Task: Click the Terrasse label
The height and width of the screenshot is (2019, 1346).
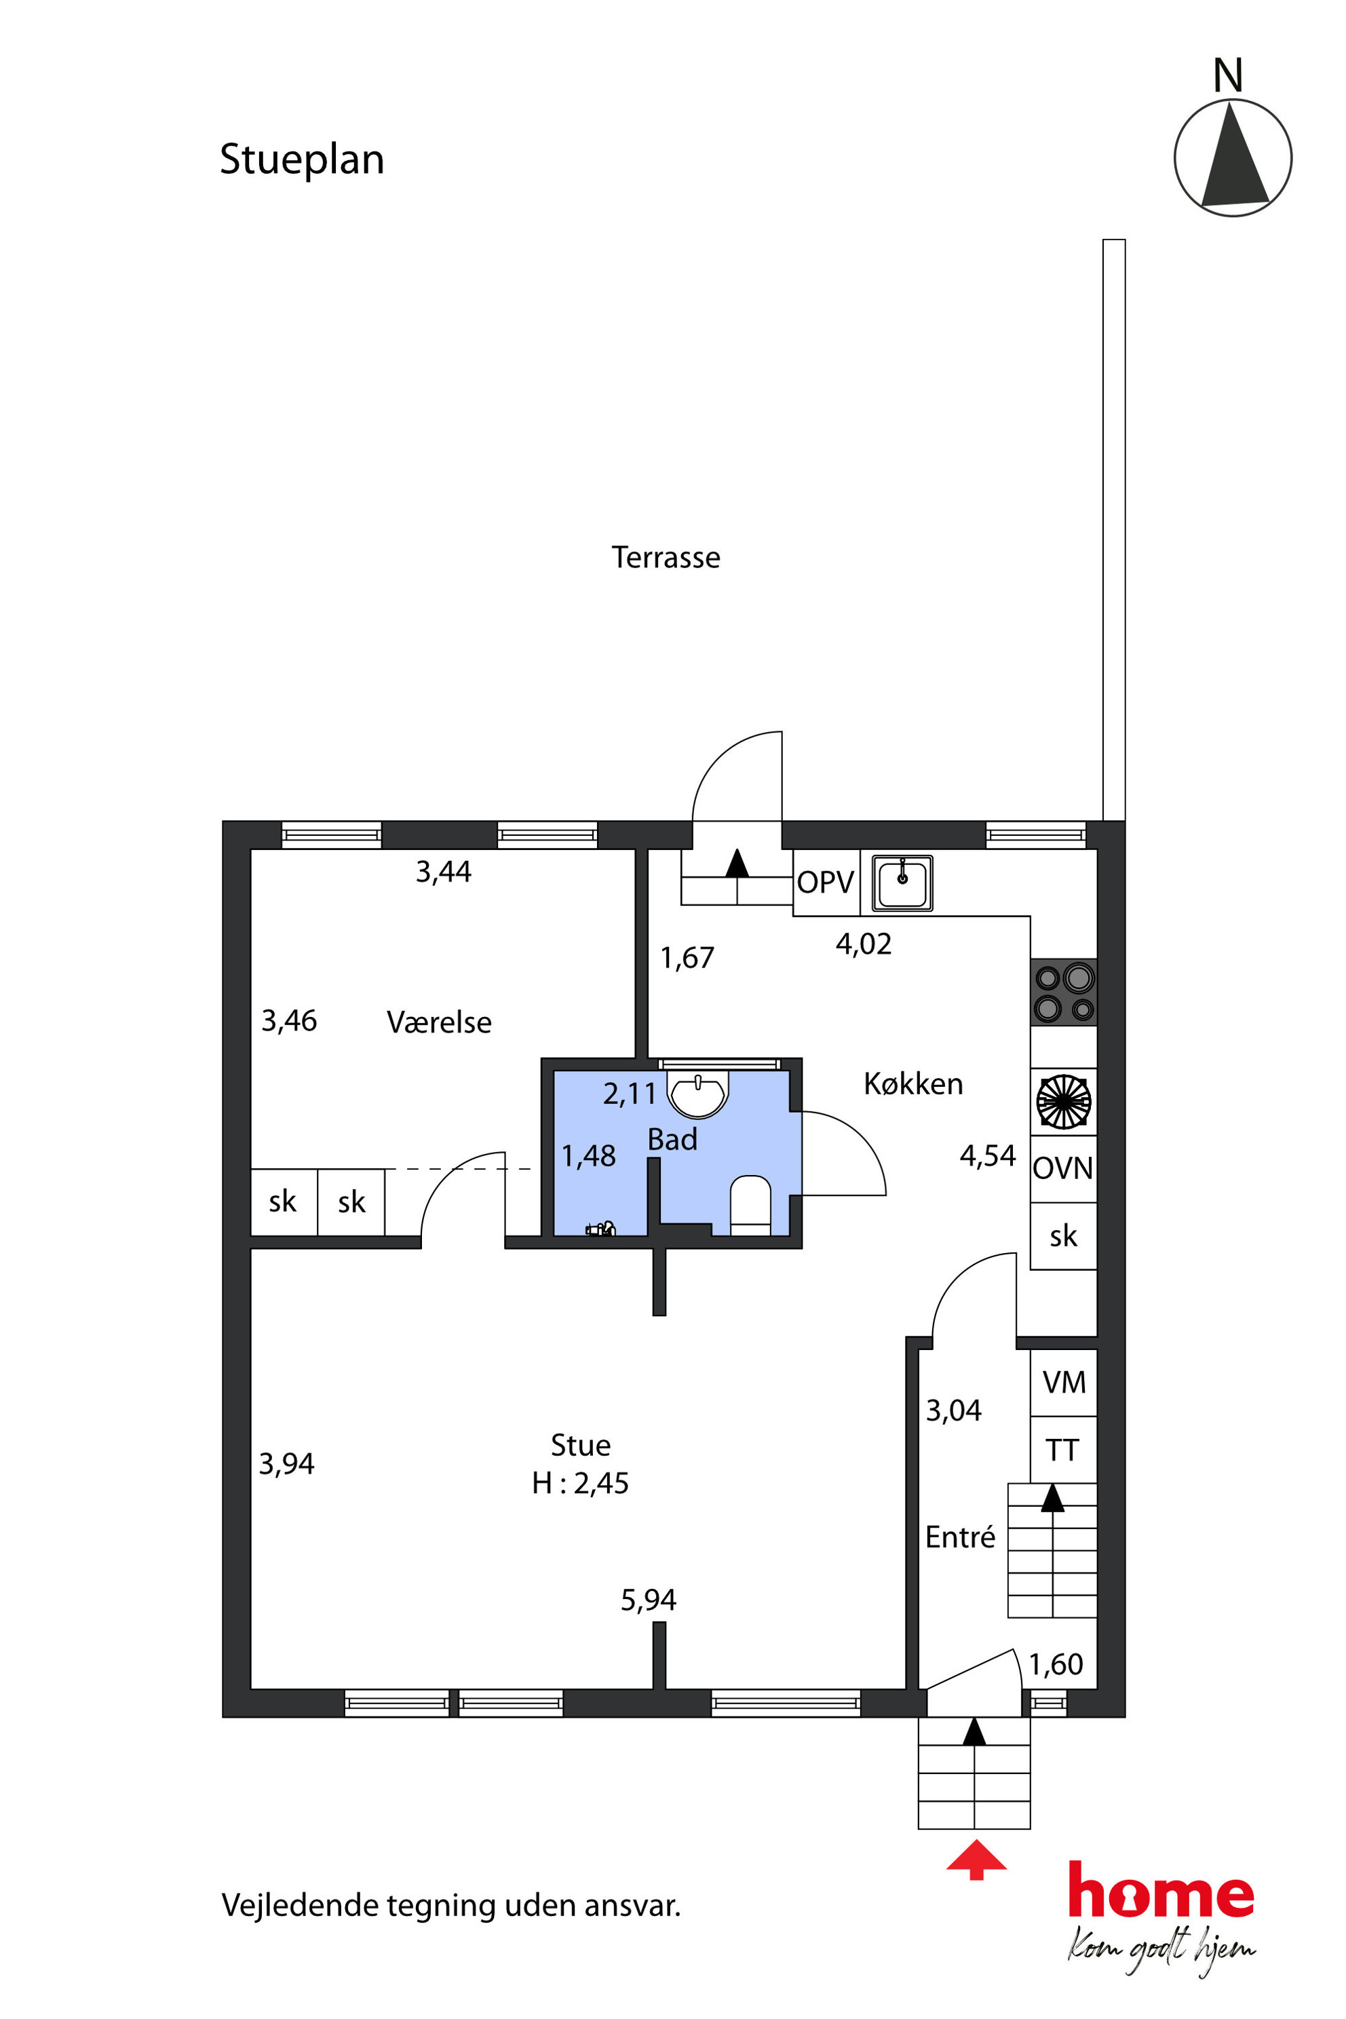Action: (x=666, y=558)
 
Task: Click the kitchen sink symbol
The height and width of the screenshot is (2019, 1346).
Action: (x=902, y=883)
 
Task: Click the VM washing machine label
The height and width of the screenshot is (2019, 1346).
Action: (x=1064, y=1382)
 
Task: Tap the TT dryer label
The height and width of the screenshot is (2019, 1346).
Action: (x=1062, y=1450)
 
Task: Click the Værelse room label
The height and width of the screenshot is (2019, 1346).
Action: (x=439, y=1022)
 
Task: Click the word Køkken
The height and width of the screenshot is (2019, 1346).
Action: (x=912, y=1083)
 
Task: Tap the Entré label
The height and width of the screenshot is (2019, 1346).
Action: (x=960, y=1536)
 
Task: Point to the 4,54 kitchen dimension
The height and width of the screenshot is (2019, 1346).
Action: (x=987, y=1155)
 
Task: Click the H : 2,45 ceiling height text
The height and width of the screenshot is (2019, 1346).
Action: (x=580, y=1482)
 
